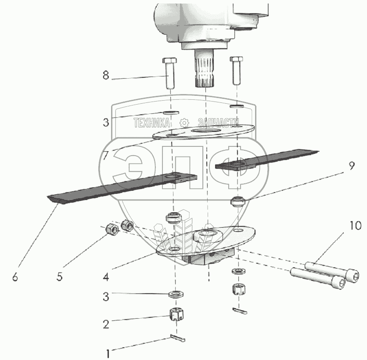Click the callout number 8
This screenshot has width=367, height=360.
coord(105,75)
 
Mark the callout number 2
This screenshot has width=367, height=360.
coord(105,325)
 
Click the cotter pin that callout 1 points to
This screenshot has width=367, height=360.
coord(178,338)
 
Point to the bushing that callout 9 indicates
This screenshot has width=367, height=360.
coord(237,203)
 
